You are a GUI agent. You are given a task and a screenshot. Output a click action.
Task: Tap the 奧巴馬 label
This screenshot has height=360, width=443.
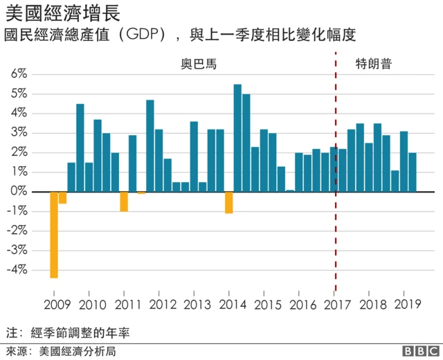pos(199,64)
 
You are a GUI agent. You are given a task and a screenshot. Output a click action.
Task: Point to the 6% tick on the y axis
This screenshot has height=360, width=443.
pos(18,73)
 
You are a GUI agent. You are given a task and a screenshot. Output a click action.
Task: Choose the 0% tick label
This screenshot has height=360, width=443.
pos(18,190)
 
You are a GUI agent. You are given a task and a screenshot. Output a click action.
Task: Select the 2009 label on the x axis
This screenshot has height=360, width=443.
pos(57,304)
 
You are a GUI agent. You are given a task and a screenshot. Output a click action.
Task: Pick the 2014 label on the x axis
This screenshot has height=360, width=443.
pos(229,304)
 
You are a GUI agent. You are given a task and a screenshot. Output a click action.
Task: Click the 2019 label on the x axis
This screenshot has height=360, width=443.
pos(404,304)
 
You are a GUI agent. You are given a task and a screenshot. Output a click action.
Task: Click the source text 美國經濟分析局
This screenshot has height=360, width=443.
pos(77,350)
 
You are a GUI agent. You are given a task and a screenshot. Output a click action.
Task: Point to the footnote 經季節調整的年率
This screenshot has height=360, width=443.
pos(80,332)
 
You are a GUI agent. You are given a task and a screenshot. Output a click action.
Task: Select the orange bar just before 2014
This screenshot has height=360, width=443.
pos(228,201)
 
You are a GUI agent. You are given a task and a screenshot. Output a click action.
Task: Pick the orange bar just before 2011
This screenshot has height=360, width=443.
pos(124,201)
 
